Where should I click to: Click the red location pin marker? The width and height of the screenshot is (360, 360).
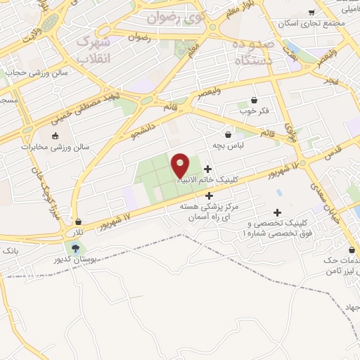coord(180,165)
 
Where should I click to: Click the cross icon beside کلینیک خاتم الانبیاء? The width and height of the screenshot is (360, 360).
coord(207,169)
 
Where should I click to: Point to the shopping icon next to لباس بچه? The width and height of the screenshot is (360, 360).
coord(228,134)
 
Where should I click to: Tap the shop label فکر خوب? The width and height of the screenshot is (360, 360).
coord(254,111)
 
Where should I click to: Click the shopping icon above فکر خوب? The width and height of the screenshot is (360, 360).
coord(254,101)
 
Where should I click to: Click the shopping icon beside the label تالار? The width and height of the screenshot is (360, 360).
coord(79,221)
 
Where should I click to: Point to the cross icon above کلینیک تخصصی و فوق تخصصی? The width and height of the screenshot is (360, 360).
coord(278,212)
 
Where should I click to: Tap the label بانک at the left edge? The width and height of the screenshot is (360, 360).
coord(9,250)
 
